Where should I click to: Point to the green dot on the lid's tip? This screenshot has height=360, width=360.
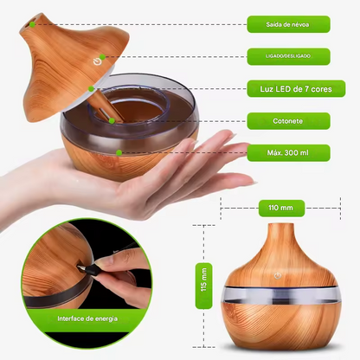[32, 23]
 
